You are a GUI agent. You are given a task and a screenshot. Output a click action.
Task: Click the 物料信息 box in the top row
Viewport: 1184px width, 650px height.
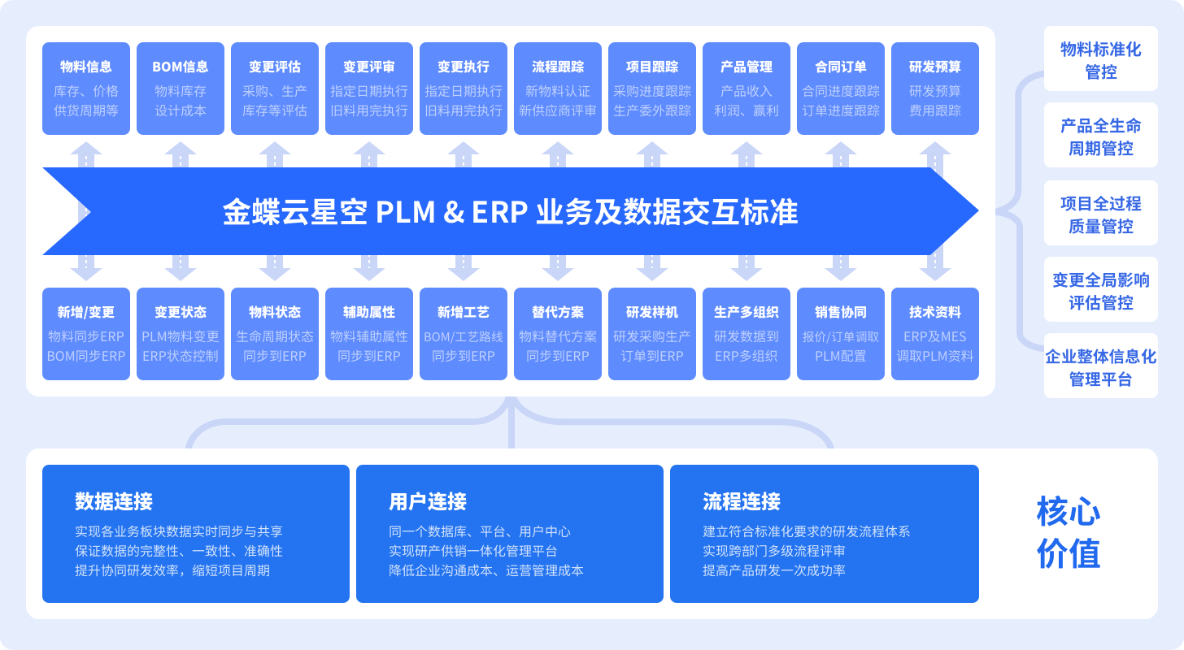86,88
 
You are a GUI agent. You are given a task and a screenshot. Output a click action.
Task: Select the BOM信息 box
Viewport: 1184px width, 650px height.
181,88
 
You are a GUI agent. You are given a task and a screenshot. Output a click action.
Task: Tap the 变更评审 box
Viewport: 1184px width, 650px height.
369,88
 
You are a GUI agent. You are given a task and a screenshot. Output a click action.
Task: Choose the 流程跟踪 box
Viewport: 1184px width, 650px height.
558,88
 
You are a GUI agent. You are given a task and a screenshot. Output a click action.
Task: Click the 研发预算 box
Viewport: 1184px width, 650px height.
935,88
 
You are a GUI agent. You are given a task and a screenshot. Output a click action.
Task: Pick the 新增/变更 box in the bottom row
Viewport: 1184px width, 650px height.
86,333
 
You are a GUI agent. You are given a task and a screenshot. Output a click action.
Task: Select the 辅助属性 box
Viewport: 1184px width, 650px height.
369,333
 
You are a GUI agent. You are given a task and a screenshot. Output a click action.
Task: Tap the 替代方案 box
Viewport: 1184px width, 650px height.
558,333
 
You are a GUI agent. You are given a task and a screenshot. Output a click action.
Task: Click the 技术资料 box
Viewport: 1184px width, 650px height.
935,333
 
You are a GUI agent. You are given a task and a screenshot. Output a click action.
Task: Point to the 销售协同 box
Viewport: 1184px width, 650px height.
841,333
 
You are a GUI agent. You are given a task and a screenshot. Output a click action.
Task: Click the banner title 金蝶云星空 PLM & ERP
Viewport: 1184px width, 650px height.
511,212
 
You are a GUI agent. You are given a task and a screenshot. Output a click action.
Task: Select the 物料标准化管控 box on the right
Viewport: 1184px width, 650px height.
1101,60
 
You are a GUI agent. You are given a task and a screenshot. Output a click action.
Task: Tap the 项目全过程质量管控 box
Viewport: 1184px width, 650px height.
1101,214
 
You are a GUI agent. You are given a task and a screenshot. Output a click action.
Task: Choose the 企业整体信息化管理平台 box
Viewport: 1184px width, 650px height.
1101,368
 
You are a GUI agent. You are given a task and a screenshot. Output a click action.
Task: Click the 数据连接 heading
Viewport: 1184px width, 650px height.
114,501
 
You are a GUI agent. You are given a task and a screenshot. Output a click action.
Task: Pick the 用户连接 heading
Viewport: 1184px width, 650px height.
428,501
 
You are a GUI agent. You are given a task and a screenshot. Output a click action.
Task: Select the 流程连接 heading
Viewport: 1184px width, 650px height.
742,501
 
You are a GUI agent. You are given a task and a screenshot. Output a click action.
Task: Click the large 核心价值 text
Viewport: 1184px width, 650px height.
1069,533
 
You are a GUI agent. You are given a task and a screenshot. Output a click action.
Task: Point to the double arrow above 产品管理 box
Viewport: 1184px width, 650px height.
747,154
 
